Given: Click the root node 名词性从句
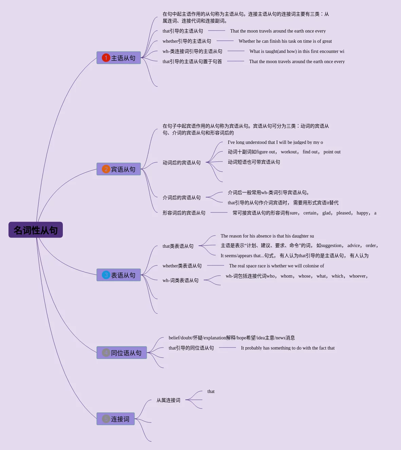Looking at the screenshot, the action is click(x=36, y=230).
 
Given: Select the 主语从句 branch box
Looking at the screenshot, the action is click(x=119, y=58).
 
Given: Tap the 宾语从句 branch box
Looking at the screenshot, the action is click(x=119, y=169).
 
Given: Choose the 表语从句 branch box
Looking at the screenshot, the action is click(x=119, y=275).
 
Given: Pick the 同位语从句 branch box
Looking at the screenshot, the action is click(x=122, y=353).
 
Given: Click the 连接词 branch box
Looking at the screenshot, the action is click(x=115, y=419).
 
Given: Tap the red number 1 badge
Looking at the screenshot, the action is click(x=106, y=58).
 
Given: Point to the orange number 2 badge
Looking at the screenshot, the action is click(x=106, y=169).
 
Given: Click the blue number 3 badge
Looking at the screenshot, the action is click(x=106, y=275).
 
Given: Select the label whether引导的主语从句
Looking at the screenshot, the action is click(x=187, y=41).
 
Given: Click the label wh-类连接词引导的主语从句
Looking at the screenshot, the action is click(x=192, y=51).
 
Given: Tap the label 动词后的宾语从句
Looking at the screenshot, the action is click(x=182, y=163).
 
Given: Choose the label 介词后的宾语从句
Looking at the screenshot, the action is click(x=182, y=198).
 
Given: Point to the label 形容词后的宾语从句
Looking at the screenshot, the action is click(x=184, y=213).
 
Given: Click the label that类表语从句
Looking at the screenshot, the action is click(x=178, y=246).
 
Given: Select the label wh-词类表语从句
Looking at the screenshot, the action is click(x=181, y=280).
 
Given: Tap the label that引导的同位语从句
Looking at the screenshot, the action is click(x=191, y=348).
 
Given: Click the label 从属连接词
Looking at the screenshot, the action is click(x=168, y=400).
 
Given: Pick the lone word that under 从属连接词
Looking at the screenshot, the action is click(x=211, y=391).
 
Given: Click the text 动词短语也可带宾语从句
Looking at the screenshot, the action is click(x=254, y=162).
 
